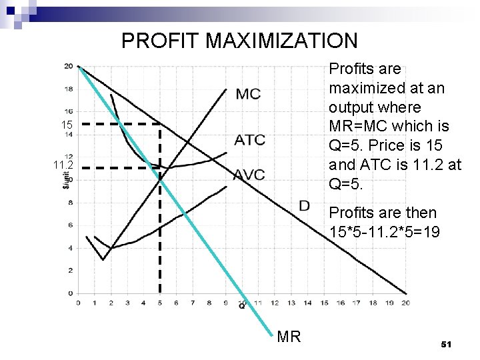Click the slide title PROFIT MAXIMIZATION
pos(239,41)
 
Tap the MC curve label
pos(247,94)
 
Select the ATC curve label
pos(249,140)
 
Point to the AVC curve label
pos(249,175)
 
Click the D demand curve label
pos(304,205)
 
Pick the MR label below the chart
pos(289,337)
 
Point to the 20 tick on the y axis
pos(69,66)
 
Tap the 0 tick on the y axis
pos(71,293)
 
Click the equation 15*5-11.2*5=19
pos(383,233)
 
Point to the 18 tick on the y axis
pos(69,89)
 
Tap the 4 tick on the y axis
pos(71,248)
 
